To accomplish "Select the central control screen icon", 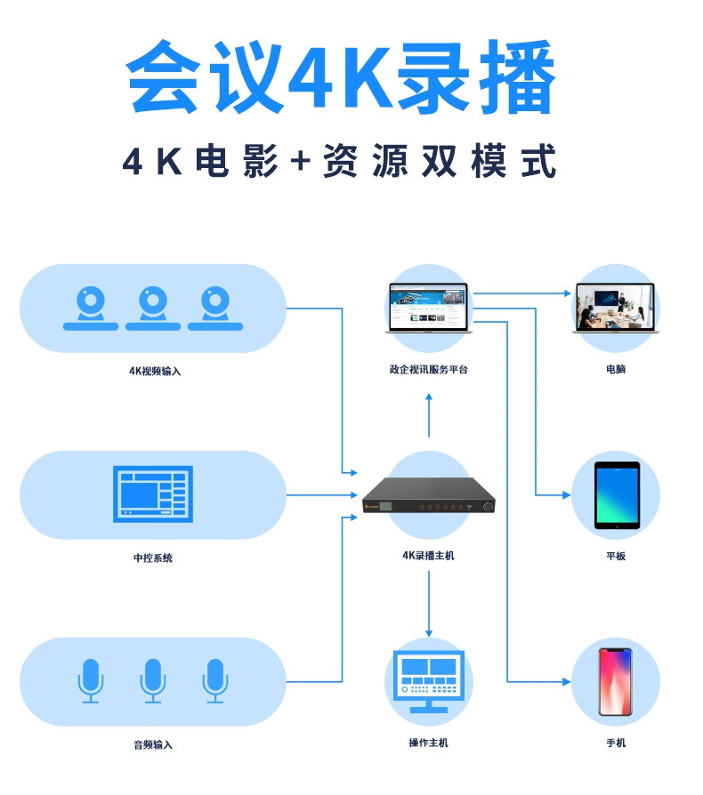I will [153, 494].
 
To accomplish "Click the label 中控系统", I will [153, 558].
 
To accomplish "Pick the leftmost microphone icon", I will [91, 680].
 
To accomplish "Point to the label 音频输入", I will [153, 744].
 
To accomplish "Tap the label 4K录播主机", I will [429, 556].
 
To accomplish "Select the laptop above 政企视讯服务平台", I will [429, 308].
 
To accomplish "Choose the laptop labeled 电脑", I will [615, 308].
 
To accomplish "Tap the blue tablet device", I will [616, 494].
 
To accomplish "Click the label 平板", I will [616, 557].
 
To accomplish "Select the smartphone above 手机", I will [615, 681].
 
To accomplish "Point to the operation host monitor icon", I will [429, 680].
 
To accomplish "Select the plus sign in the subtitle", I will [299, 163].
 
